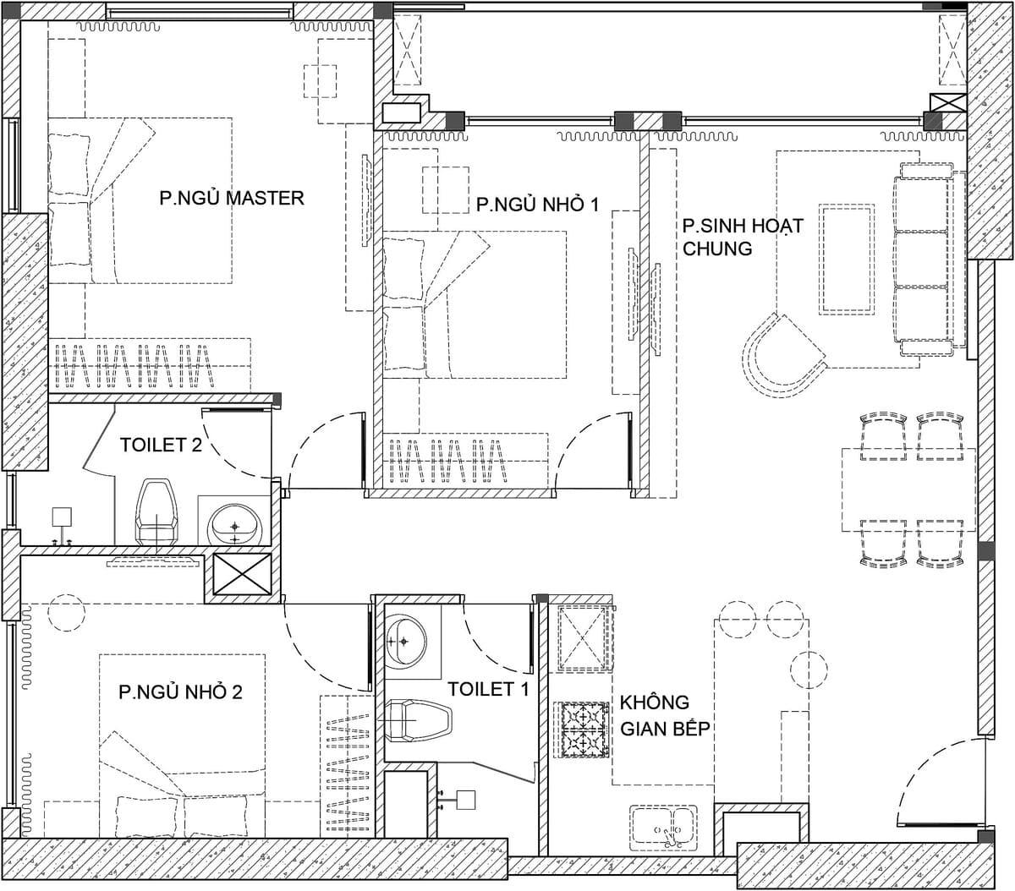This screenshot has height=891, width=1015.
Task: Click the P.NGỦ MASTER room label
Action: pos(232,198)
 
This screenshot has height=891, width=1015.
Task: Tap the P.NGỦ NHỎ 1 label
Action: pos(537,205)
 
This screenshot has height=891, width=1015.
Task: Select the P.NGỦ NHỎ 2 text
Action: pos(180,691)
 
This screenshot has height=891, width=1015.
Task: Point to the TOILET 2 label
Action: pos(161,445)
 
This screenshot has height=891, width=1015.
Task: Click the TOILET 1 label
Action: pos(488,689)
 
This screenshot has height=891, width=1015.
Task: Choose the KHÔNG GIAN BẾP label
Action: pos(665,716)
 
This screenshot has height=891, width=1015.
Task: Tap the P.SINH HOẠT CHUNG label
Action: pos(743,237)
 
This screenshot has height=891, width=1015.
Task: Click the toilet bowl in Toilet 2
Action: pos(156,512)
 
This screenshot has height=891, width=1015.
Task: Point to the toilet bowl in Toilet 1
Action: pos(419,721)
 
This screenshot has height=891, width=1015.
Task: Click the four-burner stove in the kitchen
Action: pos(582,730)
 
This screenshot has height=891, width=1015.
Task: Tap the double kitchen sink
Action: pos(663,826)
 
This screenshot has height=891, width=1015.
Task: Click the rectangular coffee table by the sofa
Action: pos(847,260)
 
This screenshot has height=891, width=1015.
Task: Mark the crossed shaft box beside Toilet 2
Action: pos(243,575)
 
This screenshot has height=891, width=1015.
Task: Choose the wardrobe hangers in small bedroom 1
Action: pos(447,461)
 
